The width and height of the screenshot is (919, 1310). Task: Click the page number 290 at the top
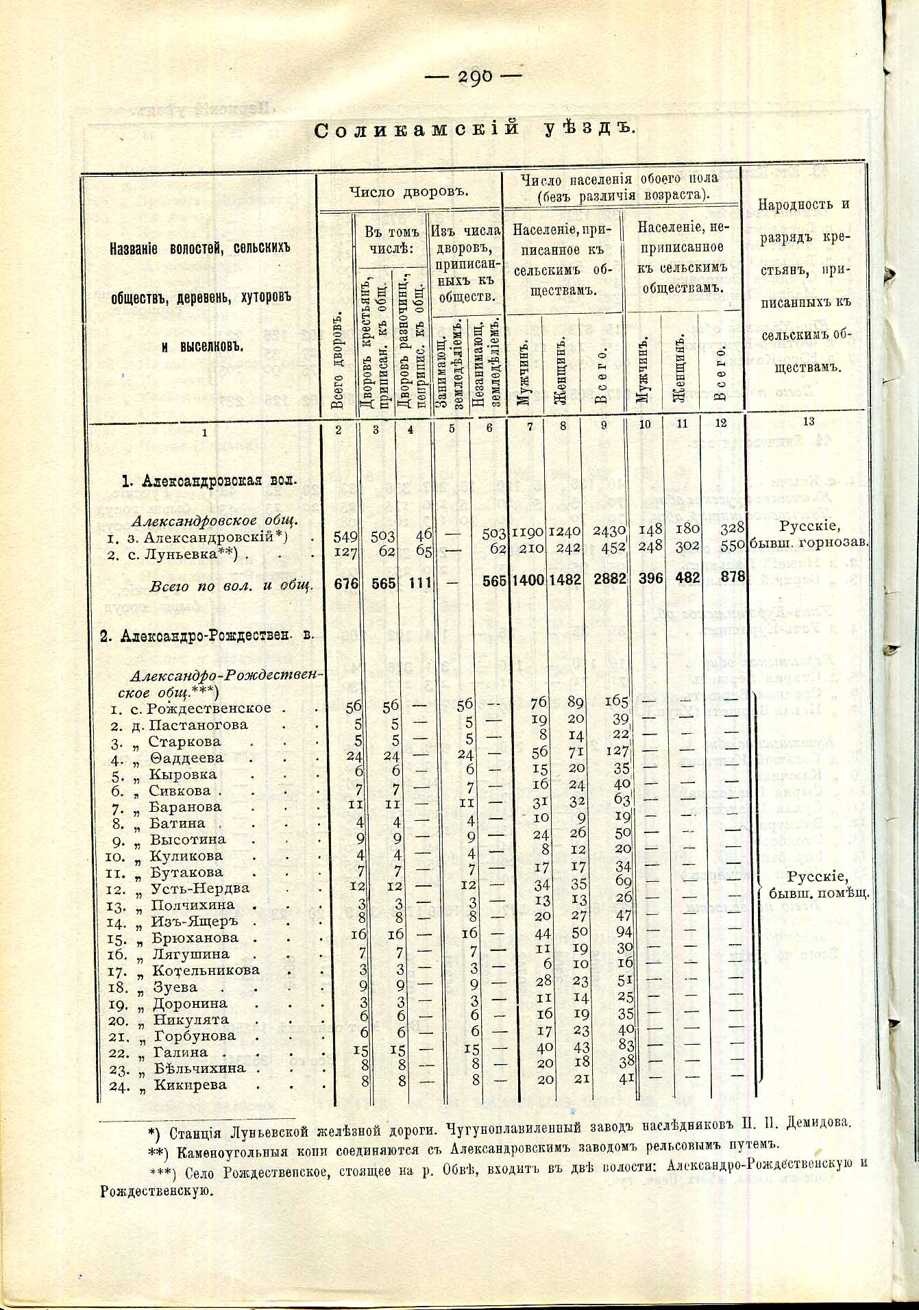click(473, 77)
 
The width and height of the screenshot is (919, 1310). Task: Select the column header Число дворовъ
click(408, 193)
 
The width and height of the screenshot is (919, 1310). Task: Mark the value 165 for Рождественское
click(616, 701)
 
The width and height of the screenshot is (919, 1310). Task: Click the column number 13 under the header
click(809, 421)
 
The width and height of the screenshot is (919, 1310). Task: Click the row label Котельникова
click(206, 970)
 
